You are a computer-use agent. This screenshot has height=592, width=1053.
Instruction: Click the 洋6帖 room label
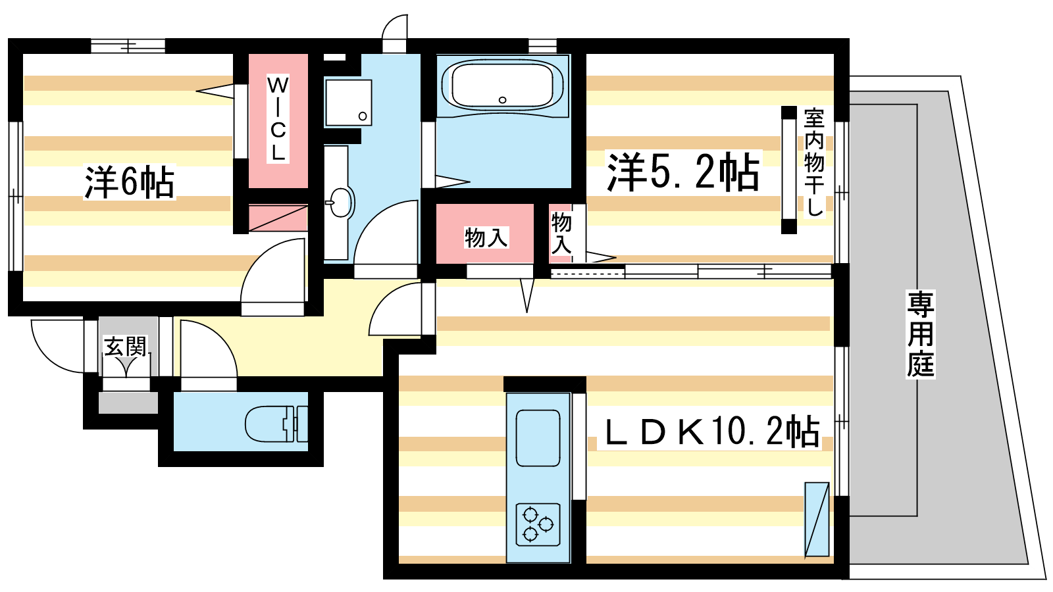[x=129, y=182]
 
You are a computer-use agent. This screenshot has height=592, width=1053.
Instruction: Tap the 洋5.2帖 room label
[x=683, y=172]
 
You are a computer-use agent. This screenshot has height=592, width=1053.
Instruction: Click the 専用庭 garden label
[x=921, y=334]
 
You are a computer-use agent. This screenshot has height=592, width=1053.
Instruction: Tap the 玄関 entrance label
[x=126, y=346]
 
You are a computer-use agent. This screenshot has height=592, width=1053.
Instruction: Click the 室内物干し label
[x=813, y=162]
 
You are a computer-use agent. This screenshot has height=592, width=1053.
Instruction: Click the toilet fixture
[x=276, y=424]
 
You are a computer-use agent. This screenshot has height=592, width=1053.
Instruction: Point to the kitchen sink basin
[x=538, y=438]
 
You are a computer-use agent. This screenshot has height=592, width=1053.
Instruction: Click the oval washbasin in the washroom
[x=341, y=203]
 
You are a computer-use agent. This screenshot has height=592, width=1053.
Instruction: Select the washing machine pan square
[x=348, y=103]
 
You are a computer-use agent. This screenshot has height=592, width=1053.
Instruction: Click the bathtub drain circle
[x=503, y=100]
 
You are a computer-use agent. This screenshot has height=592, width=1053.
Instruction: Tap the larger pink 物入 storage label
[x=486, y=237]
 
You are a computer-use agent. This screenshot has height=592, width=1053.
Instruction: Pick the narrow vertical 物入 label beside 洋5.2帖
[x=561, y=233]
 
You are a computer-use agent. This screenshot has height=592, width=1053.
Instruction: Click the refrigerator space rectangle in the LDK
[x=817, y=520]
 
